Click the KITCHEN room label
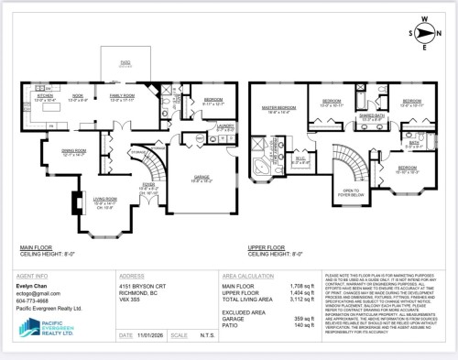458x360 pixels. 44,95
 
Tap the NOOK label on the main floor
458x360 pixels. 79,95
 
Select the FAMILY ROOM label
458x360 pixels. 122,95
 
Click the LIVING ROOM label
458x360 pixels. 80,199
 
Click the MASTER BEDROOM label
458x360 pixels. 275,109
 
